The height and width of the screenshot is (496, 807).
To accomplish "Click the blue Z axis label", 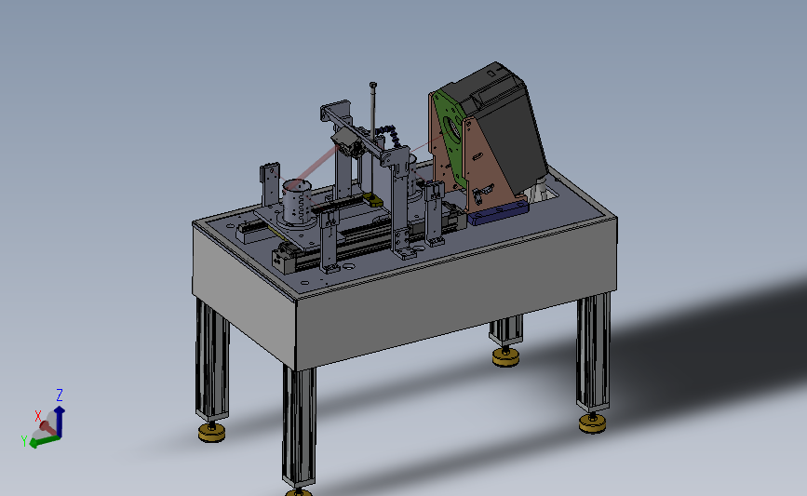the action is tap(60, 395).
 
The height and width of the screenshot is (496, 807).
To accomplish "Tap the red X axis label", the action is tap(38, 416).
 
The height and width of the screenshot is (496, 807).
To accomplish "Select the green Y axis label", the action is tap(24, 441).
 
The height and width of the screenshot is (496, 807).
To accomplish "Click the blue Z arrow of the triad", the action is tap(60, 421).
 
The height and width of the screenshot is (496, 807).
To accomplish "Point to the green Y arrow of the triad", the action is tap(45, 441).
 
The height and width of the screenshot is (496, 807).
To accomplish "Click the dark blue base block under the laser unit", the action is tap(498, 213).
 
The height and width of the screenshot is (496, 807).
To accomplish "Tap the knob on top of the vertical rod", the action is tap(373, 85).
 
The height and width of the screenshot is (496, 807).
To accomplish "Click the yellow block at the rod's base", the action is tap(373, 200).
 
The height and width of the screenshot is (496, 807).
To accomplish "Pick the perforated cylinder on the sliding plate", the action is tap(297, 202).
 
